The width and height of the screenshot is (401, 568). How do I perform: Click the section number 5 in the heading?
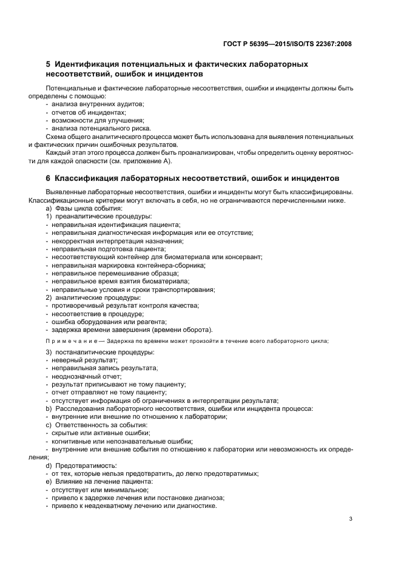point(48,64)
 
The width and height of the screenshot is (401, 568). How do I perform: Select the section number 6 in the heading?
point(48,178)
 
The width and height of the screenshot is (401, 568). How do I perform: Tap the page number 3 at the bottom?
point(351,519)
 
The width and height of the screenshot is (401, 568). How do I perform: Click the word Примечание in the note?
point(72,340)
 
